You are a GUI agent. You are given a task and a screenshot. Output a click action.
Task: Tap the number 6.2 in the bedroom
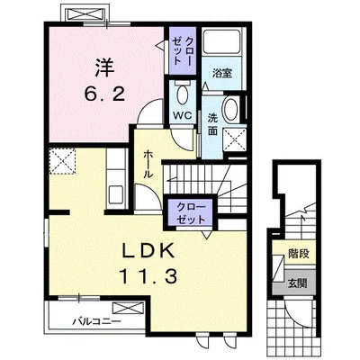tap(104, 95)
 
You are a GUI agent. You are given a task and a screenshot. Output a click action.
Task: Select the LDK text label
tap(148, 251)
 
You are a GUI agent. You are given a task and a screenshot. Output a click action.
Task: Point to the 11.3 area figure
tap(148, 276)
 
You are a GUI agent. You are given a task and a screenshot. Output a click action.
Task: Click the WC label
tap(183, 116)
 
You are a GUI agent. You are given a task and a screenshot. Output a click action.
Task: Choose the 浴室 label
tap(222, 73)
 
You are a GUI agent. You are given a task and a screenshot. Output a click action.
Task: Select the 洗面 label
tap(212, 125)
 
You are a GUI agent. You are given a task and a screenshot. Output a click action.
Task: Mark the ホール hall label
tap(148, 165)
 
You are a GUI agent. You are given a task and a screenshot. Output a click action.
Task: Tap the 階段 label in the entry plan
tap(299, 254)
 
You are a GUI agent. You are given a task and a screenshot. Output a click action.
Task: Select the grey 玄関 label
tap(298, 283)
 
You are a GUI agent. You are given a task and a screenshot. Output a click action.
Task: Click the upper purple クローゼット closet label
tap(182, 50)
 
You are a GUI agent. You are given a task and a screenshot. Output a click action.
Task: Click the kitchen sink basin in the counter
tap(115, 194)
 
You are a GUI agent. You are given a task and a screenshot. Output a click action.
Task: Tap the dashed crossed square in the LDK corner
tap(62, 161)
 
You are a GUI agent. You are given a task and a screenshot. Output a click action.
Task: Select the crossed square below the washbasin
tap(235, 139)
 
